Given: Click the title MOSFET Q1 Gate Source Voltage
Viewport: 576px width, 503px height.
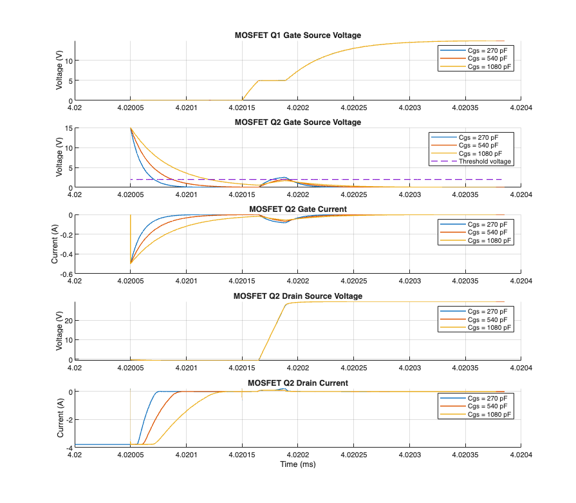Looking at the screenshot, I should [297, 35].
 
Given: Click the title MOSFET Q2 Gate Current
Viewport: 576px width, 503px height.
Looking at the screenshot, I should [297, 209].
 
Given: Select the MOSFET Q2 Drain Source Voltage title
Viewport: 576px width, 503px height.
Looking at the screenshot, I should [297, 296].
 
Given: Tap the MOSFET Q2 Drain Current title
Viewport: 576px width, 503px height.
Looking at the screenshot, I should [297, 383].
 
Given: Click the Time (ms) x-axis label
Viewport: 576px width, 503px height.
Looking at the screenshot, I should [297, 464].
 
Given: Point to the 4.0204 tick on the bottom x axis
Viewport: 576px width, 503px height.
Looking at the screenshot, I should [520, 455].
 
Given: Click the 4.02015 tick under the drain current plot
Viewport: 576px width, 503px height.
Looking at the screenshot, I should [241, 455].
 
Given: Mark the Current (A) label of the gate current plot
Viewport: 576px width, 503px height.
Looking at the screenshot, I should [55, 245].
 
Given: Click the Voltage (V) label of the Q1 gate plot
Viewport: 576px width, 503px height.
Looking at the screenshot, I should [59, 71].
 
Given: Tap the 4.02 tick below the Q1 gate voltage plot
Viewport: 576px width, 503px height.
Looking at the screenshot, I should [75, 108].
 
